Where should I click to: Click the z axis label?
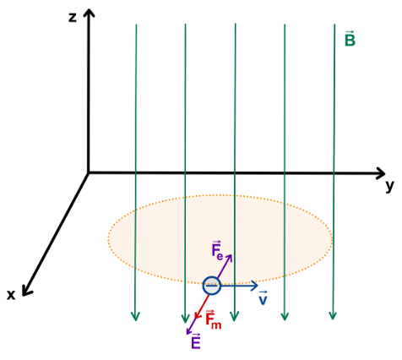(73, 18)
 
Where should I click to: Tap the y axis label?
(389, 186)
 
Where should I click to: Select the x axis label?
(11, 295)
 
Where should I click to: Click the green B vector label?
(350, 38)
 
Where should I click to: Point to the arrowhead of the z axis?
(89, 13)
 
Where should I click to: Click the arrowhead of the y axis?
(381, 172)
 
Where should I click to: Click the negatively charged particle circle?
(211, 286)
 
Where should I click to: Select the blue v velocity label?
(263, 298)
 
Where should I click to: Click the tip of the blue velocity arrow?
(258, 286)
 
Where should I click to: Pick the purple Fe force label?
(217, 250)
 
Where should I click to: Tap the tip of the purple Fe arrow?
(231, 255)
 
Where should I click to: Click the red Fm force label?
(213, 319)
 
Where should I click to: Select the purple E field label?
(196, 341)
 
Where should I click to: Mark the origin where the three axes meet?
(89, 172)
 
